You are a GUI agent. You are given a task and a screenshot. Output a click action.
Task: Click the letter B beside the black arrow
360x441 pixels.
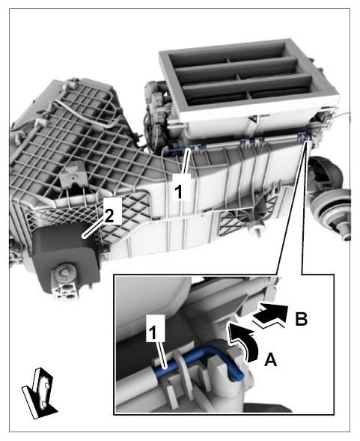pos(301,318)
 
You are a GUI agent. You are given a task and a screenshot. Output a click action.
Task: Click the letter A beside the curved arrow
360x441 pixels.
pos(271,359)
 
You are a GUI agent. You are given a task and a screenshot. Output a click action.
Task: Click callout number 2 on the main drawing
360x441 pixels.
pos(109,216)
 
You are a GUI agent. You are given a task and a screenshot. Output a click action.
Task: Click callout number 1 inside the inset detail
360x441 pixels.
pos(152,333)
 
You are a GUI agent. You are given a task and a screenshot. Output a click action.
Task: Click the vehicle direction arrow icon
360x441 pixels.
pos(40,393)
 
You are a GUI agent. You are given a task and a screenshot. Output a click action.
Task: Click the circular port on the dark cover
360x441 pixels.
pos(65,273)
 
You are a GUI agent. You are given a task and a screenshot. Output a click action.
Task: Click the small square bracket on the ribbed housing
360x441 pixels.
pos(73,175)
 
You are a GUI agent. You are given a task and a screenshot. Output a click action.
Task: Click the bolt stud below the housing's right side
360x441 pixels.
pos(257,230)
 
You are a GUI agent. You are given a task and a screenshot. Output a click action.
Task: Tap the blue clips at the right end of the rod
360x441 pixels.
pos(305,137)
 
